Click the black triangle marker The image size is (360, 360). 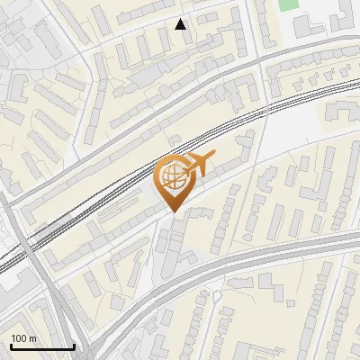[x=180, y=24]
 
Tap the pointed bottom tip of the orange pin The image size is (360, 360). [x=173, y=212]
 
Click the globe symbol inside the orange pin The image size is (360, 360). [x=170, y=175]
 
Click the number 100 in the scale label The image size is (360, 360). [x=18, y=338]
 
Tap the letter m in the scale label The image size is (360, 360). [x=31, y=338]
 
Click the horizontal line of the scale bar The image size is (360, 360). [x=42, y=346]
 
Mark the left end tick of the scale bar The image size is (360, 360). [x=10, y=345]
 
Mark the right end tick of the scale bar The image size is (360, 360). [x=75, y=345]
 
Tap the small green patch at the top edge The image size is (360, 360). [x=288, y=4]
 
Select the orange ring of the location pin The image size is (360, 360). [x=157, y=177]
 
